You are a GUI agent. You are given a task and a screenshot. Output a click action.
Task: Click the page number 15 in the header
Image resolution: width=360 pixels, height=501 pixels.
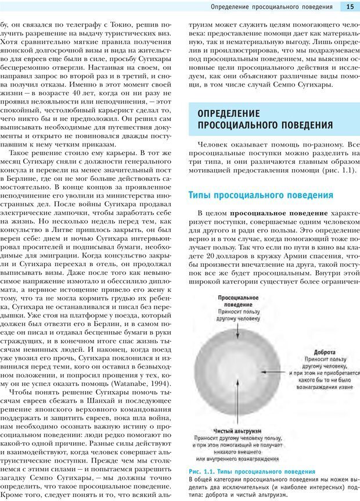(x=350, y=6)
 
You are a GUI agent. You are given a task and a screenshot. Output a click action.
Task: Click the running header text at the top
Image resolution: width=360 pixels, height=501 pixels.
(x=272, y=6)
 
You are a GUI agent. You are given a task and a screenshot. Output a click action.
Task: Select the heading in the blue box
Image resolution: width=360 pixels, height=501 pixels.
(x=265, y=119)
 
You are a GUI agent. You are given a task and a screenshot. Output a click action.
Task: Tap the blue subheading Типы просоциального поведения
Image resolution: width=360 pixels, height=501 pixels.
(x=261, y=195)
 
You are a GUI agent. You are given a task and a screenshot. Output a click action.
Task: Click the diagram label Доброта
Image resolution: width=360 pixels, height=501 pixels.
(x=324, y=352)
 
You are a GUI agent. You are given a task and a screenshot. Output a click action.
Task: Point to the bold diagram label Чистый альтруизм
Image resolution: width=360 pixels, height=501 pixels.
(x=231, y=431)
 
